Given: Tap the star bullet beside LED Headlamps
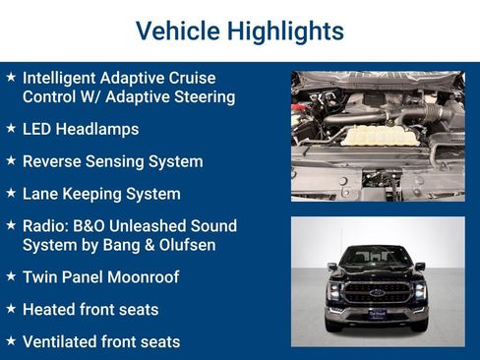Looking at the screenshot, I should click(x=11, y=129).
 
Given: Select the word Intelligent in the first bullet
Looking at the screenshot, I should click(x=63, y=77).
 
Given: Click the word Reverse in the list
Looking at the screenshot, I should click(x=55, y=161).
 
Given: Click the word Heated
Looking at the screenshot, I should click(x=51, y=310).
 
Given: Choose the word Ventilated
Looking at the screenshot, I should click(x=61, y=342).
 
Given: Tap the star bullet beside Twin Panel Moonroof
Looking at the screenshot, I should click(x=11, y=277).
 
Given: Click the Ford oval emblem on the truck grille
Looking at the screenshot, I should click(x=377, y=291).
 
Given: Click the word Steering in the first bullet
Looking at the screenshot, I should click(x=203, y=96).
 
